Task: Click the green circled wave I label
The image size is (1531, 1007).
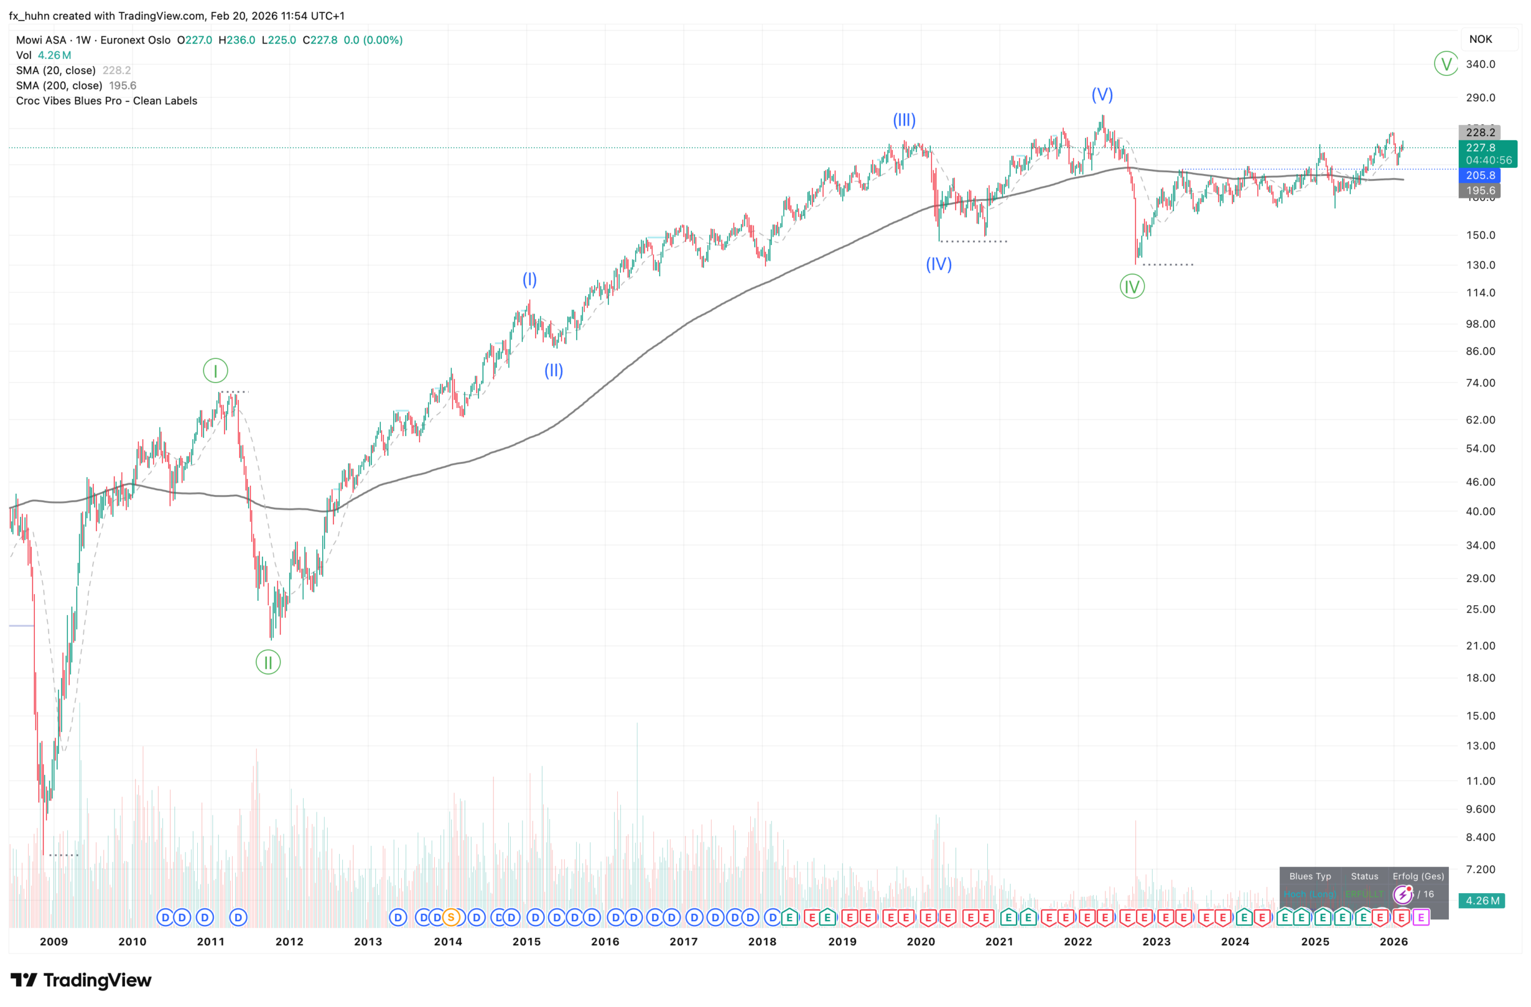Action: point(216,371)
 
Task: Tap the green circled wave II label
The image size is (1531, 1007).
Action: point(268,662)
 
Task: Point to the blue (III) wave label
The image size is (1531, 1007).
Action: point(904,119)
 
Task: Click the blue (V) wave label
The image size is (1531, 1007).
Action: point(1102,94)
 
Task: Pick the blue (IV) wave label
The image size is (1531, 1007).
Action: point(939,264)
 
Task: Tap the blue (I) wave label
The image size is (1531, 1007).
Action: point(529,279)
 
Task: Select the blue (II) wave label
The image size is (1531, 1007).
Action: point(554,370)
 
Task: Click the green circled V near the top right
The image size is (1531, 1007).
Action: point(1446,64)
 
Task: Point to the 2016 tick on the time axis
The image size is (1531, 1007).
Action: point(605,941)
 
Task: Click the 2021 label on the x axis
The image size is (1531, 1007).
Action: point(999,941)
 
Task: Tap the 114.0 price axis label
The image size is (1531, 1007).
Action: point(1480,293)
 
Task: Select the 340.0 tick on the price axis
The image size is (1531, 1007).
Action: point(1480,64)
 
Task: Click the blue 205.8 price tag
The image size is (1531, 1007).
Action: point(1480,175)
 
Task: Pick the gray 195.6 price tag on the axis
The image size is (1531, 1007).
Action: point(1480,190)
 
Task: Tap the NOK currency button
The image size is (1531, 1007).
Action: point(1480,39)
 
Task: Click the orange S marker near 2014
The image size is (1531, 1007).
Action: point(451,918)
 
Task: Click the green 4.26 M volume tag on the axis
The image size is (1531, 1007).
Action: point(1482,901)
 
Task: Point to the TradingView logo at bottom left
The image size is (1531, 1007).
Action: point(81,980)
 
